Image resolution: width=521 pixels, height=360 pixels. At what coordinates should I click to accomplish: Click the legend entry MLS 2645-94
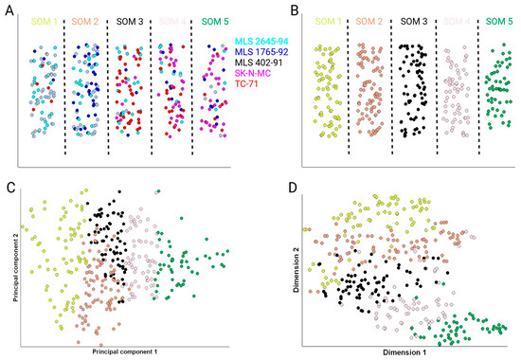(257, 42)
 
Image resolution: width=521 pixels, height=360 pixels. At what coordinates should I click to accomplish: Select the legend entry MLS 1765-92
(257, 55)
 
